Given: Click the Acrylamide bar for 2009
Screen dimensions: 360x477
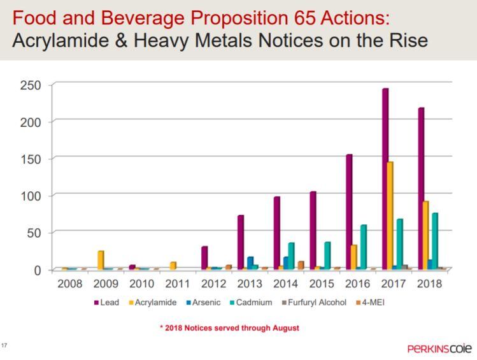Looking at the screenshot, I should click(101, 260).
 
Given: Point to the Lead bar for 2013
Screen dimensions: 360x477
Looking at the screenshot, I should click(241, 242).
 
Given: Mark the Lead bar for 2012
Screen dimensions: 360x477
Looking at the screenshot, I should click(204, 257).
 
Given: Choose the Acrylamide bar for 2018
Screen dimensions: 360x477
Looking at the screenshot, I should click(425, 235).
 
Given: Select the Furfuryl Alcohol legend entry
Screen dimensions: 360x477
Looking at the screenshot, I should click(317, 303).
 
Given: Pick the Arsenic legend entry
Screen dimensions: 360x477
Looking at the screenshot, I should click(204, 303).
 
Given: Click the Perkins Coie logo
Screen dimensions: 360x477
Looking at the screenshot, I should click(439, 349).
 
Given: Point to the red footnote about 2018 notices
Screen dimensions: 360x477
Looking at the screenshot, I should click(229, 328).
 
